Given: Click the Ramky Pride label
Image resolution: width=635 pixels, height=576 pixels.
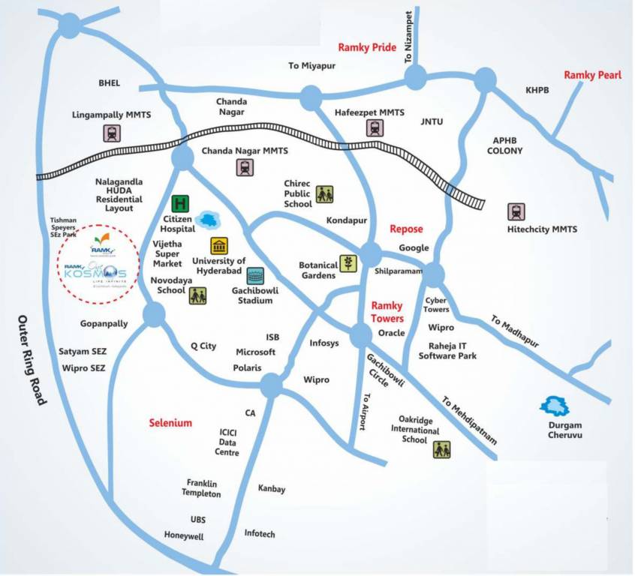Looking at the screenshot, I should tap(367, 46).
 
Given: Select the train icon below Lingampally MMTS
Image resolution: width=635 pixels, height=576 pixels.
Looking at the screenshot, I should tap(112, 133).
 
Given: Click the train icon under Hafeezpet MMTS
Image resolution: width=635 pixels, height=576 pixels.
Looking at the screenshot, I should tap(374, 128).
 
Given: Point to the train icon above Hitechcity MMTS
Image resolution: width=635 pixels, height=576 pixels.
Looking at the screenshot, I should tap(516, 211).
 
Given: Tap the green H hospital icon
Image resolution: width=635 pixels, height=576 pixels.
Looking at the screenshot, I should tap(180, 203).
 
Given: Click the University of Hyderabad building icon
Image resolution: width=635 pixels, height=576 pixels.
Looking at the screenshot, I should tap(219, 246).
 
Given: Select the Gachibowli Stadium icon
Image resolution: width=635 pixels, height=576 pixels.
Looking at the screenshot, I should tap(255, 275).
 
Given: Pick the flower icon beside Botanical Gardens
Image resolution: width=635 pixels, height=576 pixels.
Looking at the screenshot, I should tap(348, 263).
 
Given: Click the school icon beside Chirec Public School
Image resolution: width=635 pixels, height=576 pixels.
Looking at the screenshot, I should tap(324, 194).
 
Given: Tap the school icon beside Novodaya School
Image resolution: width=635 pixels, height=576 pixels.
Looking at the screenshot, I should tap(197, 295).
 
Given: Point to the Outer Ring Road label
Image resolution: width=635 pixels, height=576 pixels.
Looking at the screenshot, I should tap(32, 361).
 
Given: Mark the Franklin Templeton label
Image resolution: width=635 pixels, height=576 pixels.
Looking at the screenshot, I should tap(201, 488).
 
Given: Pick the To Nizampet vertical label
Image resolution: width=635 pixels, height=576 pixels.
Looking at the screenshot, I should tap(409, 37).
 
